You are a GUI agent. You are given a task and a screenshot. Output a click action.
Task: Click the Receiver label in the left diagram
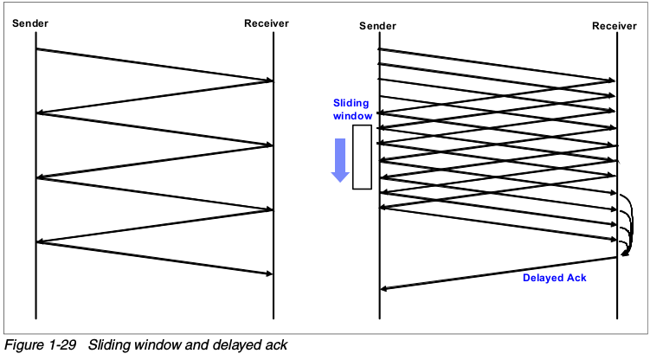267,22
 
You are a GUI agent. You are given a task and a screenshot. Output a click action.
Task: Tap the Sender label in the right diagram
377,25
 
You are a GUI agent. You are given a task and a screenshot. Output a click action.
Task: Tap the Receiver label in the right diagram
615,25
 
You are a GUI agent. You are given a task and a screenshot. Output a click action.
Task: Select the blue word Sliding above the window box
351,103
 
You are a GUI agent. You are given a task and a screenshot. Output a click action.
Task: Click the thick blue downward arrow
340,159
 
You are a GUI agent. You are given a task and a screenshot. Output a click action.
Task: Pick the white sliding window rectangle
363,157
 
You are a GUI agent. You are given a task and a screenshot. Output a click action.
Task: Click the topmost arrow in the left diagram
154,65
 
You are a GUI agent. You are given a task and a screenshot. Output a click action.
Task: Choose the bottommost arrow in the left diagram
154,258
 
